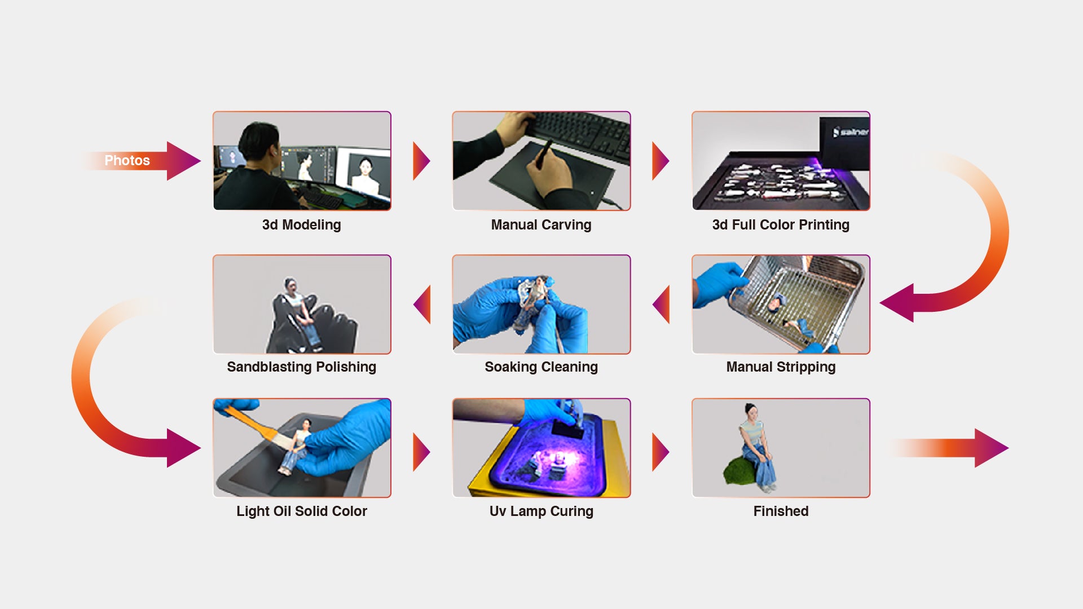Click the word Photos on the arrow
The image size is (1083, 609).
(127, 161)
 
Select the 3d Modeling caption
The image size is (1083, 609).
(301, 225)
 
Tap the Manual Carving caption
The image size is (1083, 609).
(541, 225)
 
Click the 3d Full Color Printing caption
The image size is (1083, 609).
(781, 225)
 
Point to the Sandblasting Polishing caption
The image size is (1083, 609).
(301, 367)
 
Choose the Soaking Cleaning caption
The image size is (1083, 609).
(541, 367)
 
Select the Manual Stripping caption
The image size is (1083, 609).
(781, 367)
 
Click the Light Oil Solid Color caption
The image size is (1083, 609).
(301, 511)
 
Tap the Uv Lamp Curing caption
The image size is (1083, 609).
(541, 511)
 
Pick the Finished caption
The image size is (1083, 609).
(781, 511)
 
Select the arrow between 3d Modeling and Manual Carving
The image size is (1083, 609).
(421, 161)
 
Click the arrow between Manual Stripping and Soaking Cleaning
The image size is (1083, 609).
(662, 304)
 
